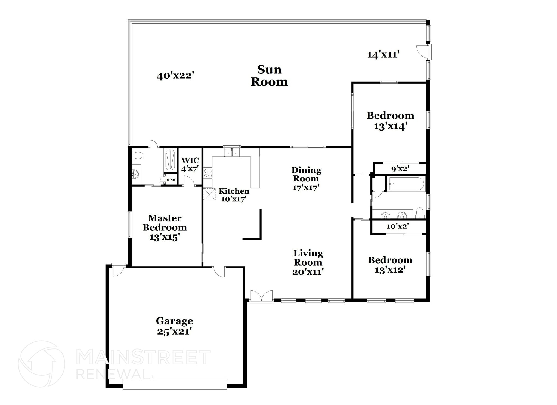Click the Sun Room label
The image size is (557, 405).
tap(269, 76)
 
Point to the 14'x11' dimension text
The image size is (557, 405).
tap(383, 55)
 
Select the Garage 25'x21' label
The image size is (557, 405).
tap(174, 326)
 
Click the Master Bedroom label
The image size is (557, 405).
tap(165, 227)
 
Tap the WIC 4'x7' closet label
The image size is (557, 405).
tap(190, 165)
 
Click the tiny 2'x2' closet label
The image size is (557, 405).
tap(172, 180)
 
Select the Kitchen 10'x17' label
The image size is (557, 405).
tap(234, 195)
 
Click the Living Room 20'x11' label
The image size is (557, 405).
tap(308, 262)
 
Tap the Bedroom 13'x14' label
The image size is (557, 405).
tap(390, 120)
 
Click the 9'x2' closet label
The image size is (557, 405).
tap(400, 169)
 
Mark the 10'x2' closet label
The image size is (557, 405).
tap(398, 226)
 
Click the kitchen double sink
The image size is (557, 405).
tap(232, 153)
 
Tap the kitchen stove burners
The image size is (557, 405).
tap(208, 173)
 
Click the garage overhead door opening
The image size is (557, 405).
tap(175, 384)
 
